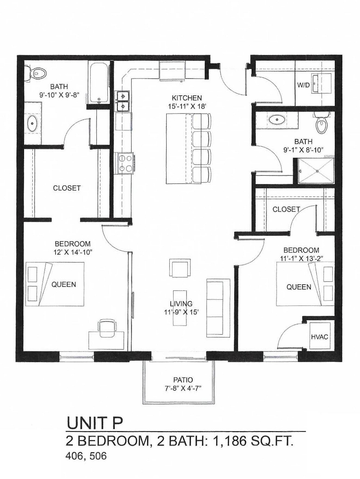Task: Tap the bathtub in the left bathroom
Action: click(98, 84)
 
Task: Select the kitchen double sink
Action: click(123, 102)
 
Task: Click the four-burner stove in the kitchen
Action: click(124, 163)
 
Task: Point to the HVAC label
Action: click(319, 337)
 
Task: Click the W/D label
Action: click(303, 85)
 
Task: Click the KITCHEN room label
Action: click(186, 98)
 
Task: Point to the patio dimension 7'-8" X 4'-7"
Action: click(183, 388)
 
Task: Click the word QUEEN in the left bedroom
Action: click(64, 285)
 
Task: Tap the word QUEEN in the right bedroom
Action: click(299, 287)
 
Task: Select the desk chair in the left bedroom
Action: click(108, 325)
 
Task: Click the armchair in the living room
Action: click(179, 268)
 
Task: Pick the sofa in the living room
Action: click(218, 308)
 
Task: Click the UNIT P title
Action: click(95, 423)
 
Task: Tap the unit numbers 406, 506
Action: click(86, 456)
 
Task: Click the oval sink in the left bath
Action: click(32, 124)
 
